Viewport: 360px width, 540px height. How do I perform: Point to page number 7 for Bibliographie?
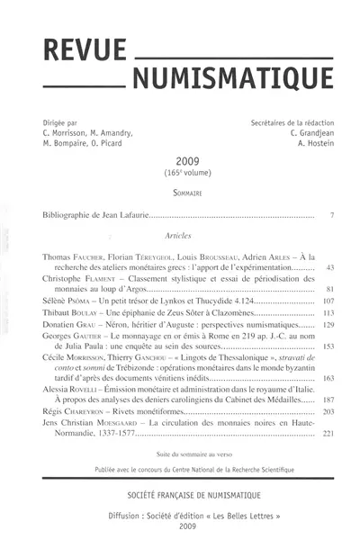(x=331, y=216)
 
